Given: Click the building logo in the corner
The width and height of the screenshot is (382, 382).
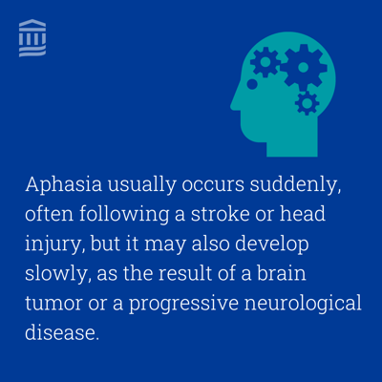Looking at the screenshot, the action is (32, 38).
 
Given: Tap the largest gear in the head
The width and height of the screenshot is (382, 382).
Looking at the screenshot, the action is (304, 67).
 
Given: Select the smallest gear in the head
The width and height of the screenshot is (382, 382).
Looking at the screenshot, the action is (307, 103).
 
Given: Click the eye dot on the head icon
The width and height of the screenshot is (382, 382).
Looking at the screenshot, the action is (252, 84).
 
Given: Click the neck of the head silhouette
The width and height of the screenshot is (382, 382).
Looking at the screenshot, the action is (292, 146).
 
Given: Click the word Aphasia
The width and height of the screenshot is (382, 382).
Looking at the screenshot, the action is (64, 185).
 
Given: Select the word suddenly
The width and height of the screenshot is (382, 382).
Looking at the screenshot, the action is (295, 184).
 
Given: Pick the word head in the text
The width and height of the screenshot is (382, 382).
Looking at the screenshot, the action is (303, 214).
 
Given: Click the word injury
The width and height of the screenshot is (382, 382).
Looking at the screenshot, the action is (54, 244).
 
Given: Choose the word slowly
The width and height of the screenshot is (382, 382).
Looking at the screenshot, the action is (56, 274).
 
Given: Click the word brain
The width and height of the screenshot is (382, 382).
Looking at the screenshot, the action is (282, 273).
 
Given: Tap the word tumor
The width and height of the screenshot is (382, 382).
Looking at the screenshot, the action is (53, 304).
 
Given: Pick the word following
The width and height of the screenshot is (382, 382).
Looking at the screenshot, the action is (124, 215).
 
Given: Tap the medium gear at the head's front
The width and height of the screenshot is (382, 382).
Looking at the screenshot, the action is (265, 62).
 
